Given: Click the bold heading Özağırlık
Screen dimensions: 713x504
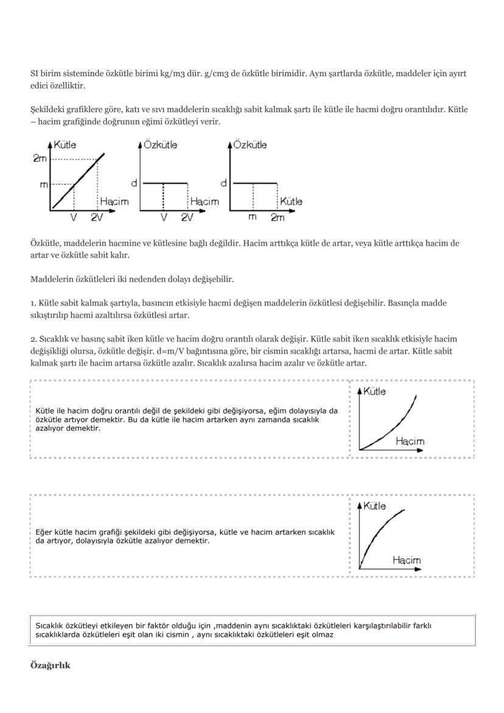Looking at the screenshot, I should (50, 665).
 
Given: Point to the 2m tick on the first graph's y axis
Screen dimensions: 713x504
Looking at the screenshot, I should (40, 159).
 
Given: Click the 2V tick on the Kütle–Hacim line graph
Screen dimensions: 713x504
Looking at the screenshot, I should (97, 217).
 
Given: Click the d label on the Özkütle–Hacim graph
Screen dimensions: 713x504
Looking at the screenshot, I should (134, 183).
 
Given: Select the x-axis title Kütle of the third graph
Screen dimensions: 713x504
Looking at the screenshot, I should (291, 201).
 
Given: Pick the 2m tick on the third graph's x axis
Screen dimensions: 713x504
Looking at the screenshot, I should (278, 217).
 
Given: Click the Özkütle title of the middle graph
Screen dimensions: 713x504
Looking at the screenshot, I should (161, 145).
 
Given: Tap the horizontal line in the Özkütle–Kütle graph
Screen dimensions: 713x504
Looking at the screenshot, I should (256, 183).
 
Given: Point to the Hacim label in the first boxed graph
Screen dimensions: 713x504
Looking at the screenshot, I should (410, 441).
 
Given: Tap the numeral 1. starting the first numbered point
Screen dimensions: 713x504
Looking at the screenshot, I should (33, 303).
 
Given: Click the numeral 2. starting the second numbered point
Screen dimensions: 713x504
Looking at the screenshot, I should (33, 339).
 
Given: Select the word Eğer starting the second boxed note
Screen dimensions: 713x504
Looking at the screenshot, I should (44, 532).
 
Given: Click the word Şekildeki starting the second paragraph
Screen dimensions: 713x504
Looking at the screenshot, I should (48, 110).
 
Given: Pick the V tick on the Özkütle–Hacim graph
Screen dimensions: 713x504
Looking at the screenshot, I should (163, 217).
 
